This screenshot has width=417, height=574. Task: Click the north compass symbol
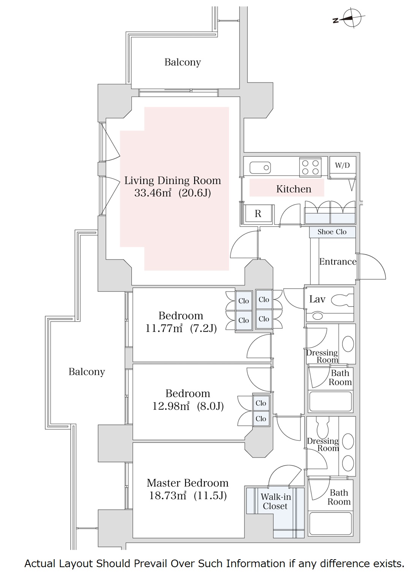point(352,18)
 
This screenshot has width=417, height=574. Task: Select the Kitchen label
point(293,189)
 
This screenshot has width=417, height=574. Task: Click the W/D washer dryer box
point(342,166)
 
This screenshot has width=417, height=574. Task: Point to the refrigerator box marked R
point(258,214)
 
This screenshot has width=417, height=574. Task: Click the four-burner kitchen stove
point(310,167)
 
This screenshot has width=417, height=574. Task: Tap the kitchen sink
point(260,167)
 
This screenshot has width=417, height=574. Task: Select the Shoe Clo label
point(332,232)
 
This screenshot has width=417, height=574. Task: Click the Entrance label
point(338,261)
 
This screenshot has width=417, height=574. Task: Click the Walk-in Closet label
point(276,501)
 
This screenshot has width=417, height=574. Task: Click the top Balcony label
point(182,62)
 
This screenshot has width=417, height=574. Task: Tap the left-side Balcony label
point(87,372)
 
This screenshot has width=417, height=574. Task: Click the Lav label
point(317,299)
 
